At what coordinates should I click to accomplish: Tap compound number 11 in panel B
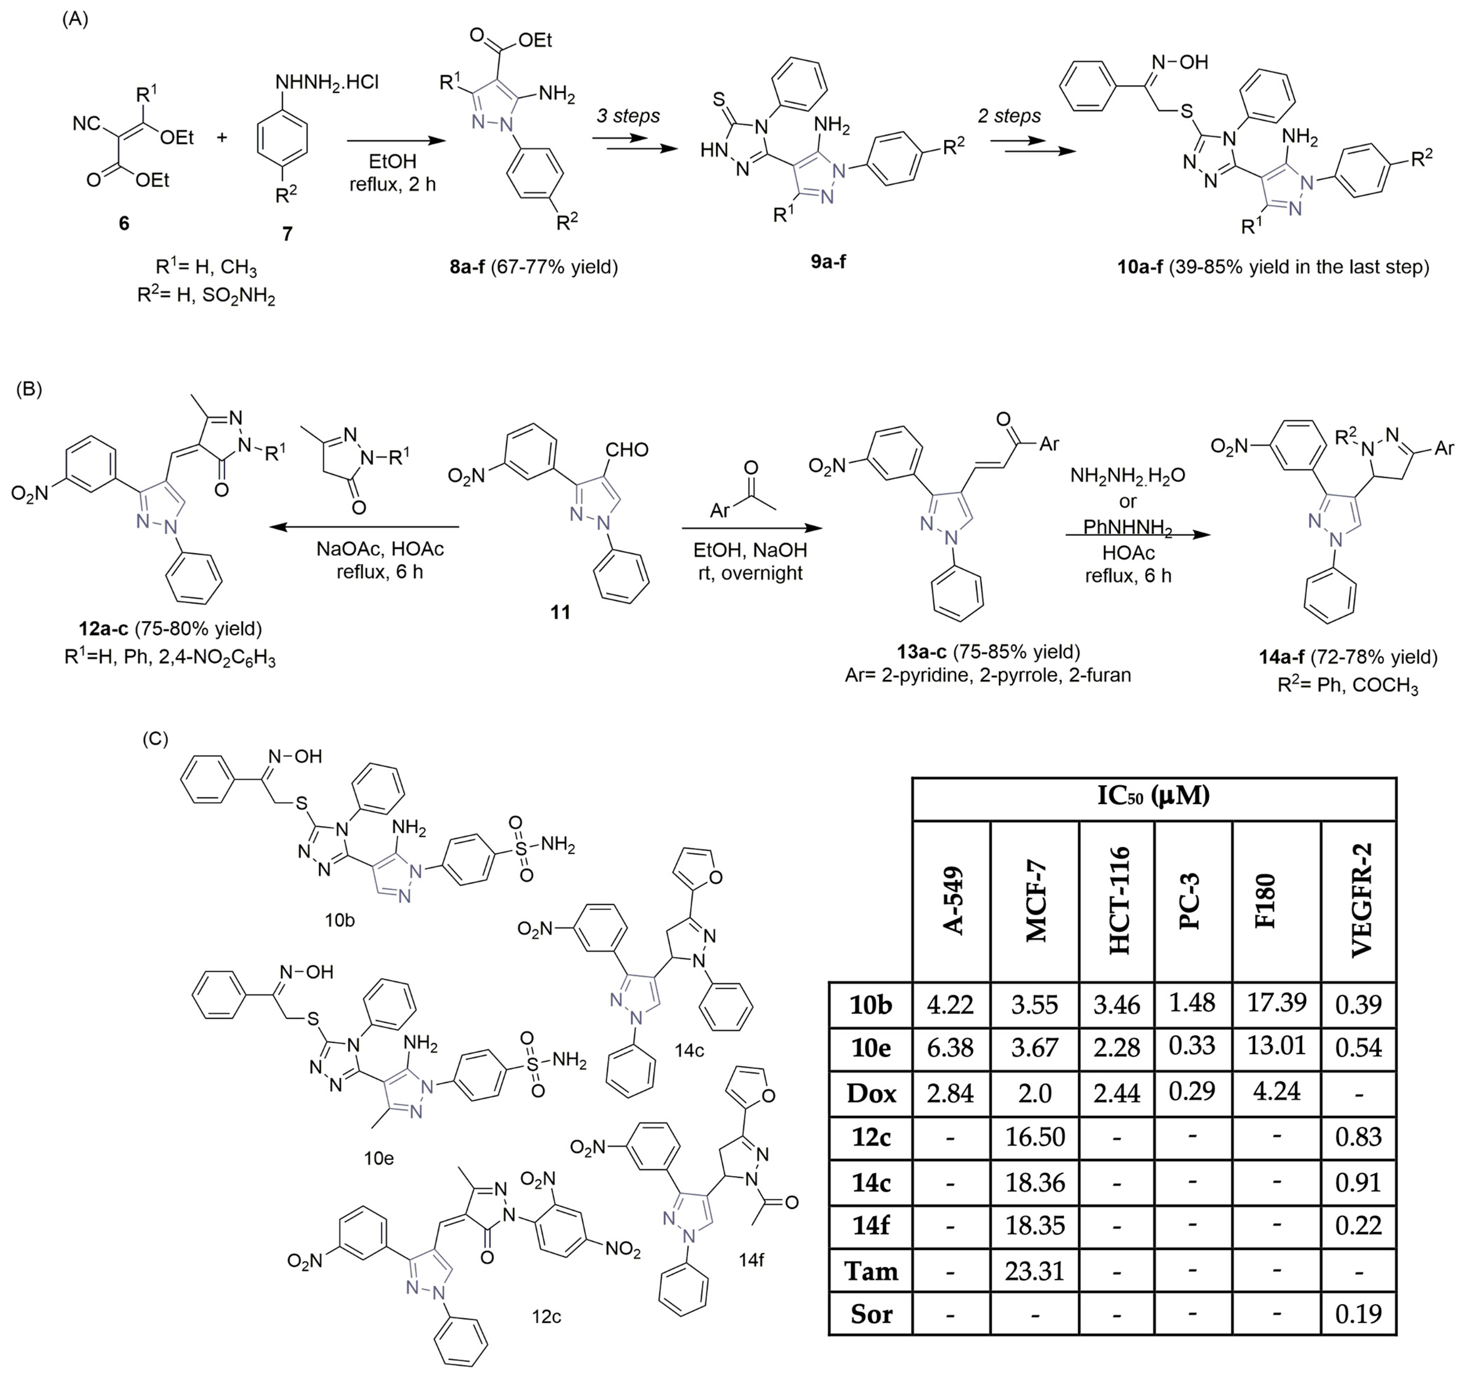coord(561,612)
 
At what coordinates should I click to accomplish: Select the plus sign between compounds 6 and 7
coord(222,137)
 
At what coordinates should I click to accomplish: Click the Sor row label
coord(871,1314)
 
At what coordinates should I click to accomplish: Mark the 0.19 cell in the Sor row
coord(1358,1314)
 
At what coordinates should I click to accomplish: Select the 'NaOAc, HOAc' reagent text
coord(380,549)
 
